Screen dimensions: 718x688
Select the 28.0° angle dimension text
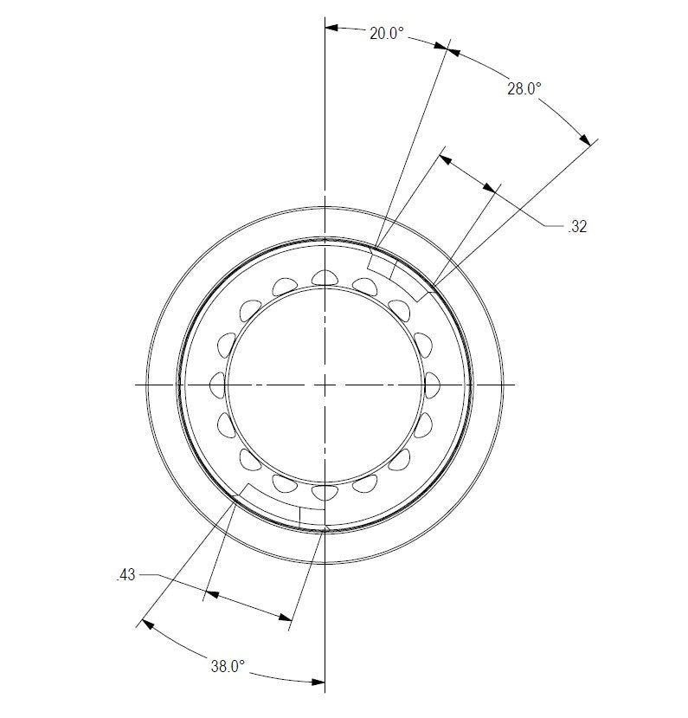(524, 88)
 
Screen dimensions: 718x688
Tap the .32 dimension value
(578, 228)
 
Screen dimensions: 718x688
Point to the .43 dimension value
(125, 574)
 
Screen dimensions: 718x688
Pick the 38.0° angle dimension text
(228, 666)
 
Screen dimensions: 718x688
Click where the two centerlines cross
(325, 383)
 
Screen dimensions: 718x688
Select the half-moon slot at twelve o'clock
(325, 276)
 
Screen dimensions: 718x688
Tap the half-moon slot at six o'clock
(325, 493)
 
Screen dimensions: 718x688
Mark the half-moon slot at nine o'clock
(218, 383)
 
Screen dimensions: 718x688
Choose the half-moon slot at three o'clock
(432, 383)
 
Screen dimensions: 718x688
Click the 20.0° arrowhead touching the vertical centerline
(331, 28)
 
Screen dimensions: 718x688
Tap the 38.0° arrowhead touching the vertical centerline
(318, 682)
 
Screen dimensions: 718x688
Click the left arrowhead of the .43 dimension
(209, 595)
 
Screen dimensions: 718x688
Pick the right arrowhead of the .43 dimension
(286, 617)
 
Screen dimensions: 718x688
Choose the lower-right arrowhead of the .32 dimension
(494, 188)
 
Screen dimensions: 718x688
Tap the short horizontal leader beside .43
(148, 574)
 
